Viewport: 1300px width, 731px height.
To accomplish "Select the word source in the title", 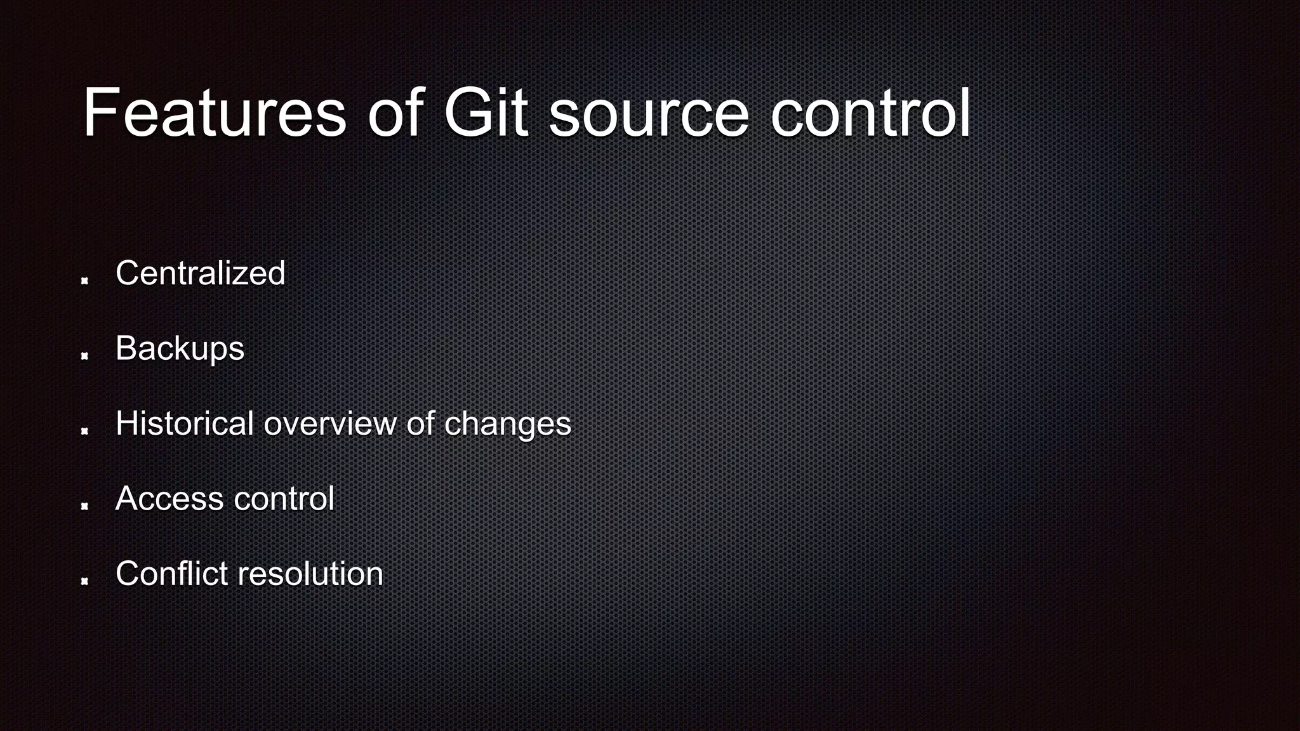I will tap(649, 114).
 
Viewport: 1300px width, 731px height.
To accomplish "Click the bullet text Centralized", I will tap(200, 273).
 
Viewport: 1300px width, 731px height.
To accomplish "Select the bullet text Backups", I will tap(180, 349).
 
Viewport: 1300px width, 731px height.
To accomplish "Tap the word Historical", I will tap(185, 423).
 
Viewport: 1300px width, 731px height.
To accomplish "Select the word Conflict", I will tap(171, 574).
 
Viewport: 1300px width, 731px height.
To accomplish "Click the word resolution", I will tap(310, 574).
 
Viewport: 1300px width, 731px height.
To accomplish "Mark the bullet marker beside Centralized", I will tap(84, 280).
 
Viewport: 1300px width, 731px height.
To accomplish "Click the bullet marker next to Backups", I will tap(84, 356).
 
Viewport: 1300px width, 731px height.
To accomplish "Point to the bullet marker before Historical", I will tap(84, 431).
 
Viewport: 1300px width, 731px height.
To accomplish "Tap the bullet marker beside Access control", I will tap(84, 506).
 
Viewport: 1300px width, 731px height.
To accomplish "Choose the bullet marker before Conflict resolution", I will tap(84, 581).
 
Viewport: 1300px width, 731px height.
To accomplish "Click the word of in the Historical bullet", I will tap(420, 423).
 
